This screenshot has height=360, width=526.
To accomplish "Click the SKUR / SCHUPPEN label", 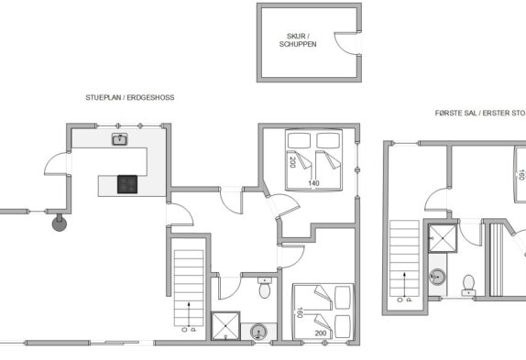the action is click(298, 40).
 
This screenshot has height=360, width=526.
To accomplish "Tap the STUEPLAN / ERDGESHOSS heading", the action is click(130, 97).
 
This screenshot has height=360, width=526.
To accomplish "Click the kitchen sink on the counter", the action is click(119, 139).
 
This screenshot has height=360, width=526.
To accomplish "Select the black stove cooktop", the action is click(127, 184).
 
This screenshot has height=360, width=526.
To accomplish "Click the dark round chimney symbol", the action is click(60, 224).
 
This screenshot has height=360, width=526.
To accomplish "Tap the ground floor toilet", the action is click(265, 288).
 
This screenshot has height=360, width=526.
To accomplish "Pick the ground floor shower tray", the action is click(225, 326).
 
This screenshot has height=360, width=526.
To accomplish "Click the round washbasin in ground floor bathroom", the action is click(258, 333).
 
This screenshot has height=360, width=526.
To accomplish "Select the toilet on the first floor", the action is click(468, 285).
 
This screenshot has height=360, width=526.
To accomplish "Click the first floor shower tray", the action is click(443, 238).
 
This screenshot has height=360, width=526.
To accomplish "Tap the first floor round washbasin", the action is click(437, 278).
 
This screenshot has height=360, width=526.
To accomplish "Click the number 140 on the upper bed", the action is click(313, 183).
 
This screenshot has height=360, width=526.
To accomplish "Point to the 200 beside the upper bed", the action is click(292, 162).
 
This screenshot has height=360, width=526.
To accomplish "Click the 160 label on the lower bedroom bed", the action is click(300, 312).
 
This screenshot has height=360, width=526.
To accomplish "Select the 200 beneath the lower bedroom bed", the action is click(321, 333).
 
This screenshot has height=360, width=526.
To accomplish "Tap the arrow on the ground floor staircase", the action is click(189, 314).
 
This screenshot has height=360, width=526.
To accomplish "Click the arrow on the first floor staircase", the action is click(404, 284).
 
